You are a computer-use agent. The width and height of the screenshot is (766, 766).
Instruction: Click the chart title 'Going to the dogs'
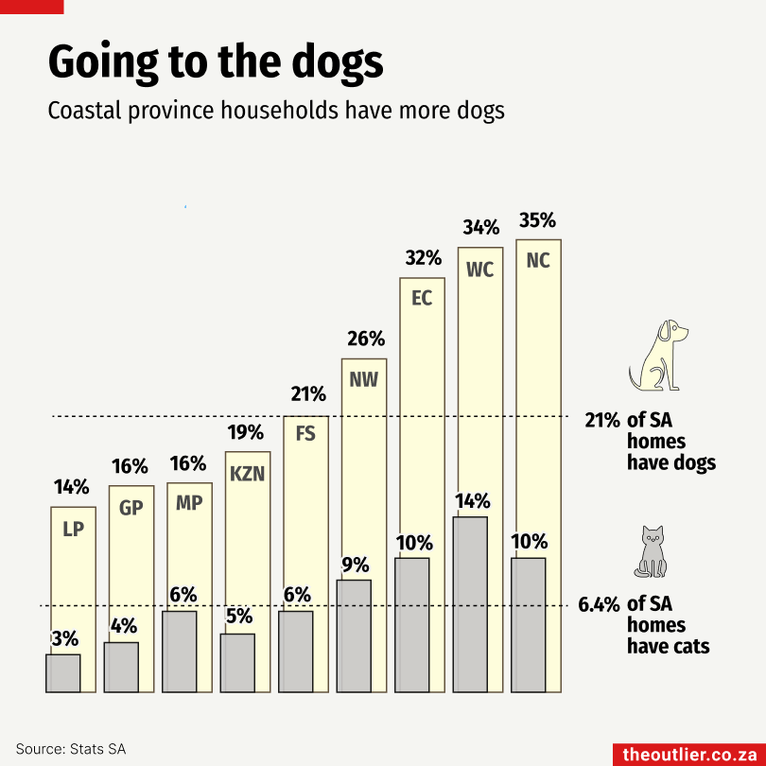(216, 63)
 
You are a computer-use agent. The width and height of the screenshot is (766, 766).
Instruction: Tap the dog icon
(658, 356)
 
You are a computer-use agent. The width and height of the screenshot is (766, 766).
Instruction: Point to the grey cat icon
(651, 552)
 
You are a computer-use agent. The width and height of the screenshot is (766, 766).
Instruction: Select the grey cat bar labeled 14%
(470, 604)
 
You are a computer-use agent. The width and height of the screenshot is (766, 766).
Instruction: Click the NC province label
(538, 261)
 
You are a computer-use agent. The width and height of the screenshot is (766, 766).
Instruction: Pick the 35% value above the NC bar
(537, 220)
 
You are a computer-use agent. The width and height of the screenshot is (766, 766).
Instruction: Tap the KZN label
(247, 474)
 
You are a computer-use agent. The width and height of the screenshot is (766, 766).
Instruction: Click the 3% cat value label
(65, 638)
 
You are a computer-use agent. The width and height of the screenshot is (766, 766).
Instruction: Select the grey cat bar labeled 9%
(354, 636)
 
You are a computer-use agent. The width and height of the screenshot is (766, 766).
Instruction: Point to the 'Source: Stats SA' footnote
(71, 749)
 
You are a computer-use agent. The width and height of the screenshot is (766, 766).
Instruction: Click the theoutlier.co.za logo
(689, 755)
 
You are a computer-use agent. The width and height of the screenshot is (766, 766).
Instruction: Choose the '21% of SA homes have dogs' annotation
(651, 441)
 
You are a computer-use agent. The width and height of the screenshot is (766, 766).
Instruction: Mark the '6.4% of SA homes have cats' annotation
(644, 625)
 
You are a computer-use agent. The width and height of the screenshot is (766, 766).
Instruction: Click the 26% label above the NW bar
(366, 339)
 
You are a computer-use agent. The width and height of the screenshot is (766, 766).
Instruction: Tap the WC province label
(479, 270)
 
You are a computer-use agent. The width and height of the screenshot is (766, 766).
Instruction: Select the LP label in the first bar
(73, 529)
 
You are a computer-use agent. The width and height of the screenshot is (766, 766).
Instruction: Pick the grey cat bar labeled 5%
(237, 663)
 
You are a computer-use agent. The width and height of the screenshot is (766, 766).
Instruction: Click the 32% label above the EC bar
(424, 258)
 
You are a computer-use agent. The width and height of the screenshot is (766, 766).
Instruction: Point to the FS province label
(305, 434)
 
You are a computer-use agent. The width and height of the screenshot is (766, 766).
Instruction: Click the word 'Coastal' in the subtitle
(84, 111)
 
